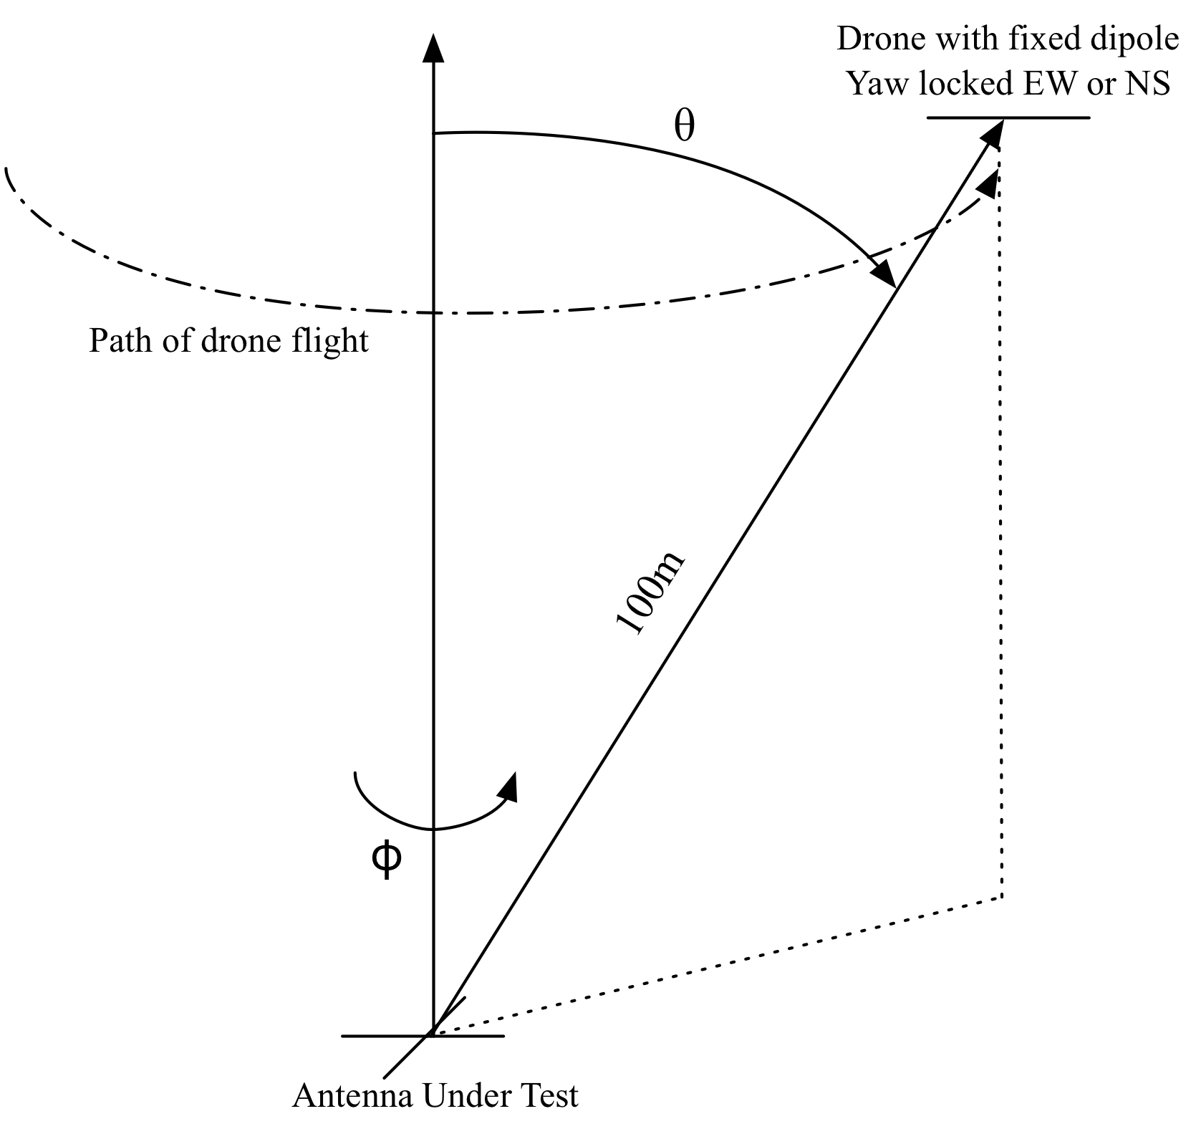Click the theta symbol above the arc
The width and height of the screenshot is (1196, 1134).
(685, 127)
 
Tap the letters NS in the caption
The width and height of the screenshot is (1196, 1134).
(1149, 84)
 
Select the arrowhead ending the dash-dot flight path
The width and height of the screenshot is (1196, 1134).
(989, 184)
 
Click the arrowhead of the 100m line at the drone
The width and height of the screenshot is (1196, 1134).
(993, 133)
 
